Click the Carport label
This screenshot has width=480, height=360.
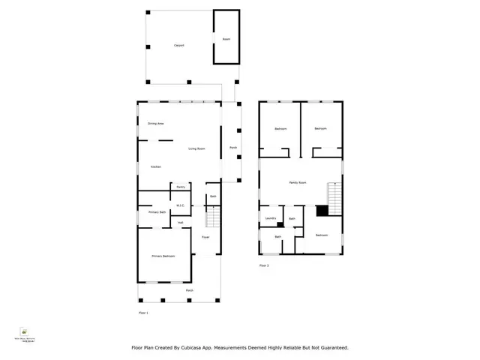point(179,46)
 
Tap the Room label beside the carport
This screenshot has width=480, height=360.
point(226,39)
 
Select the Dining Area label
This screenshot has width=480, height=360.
point(156,124)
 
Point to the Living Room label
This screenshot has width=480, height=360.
point(197,150)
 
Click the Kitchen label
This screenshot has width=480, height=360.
point(155,166)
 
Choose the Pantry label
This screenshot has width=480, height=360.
point(181,187)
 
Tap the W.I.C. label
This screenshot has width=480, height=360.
point(181,206)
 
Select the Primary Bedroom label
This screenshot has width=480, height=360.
point(163,256)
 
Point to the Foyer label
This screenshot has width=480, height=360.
point(205,237)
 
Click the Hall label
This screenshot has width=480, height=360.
point(181,223)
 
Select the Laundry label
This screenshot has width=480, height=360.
point(271,219)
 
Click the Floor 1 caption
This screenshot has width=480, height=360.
point(144,312)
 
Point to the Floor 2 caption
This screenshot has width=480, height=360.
point(264,265)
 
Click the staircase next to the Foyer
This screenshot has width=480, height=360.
point(213,218)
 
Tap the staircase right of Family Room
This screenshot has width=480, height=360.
point(334,196)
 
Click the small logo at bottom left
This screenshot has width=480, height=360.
point(25,331)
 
